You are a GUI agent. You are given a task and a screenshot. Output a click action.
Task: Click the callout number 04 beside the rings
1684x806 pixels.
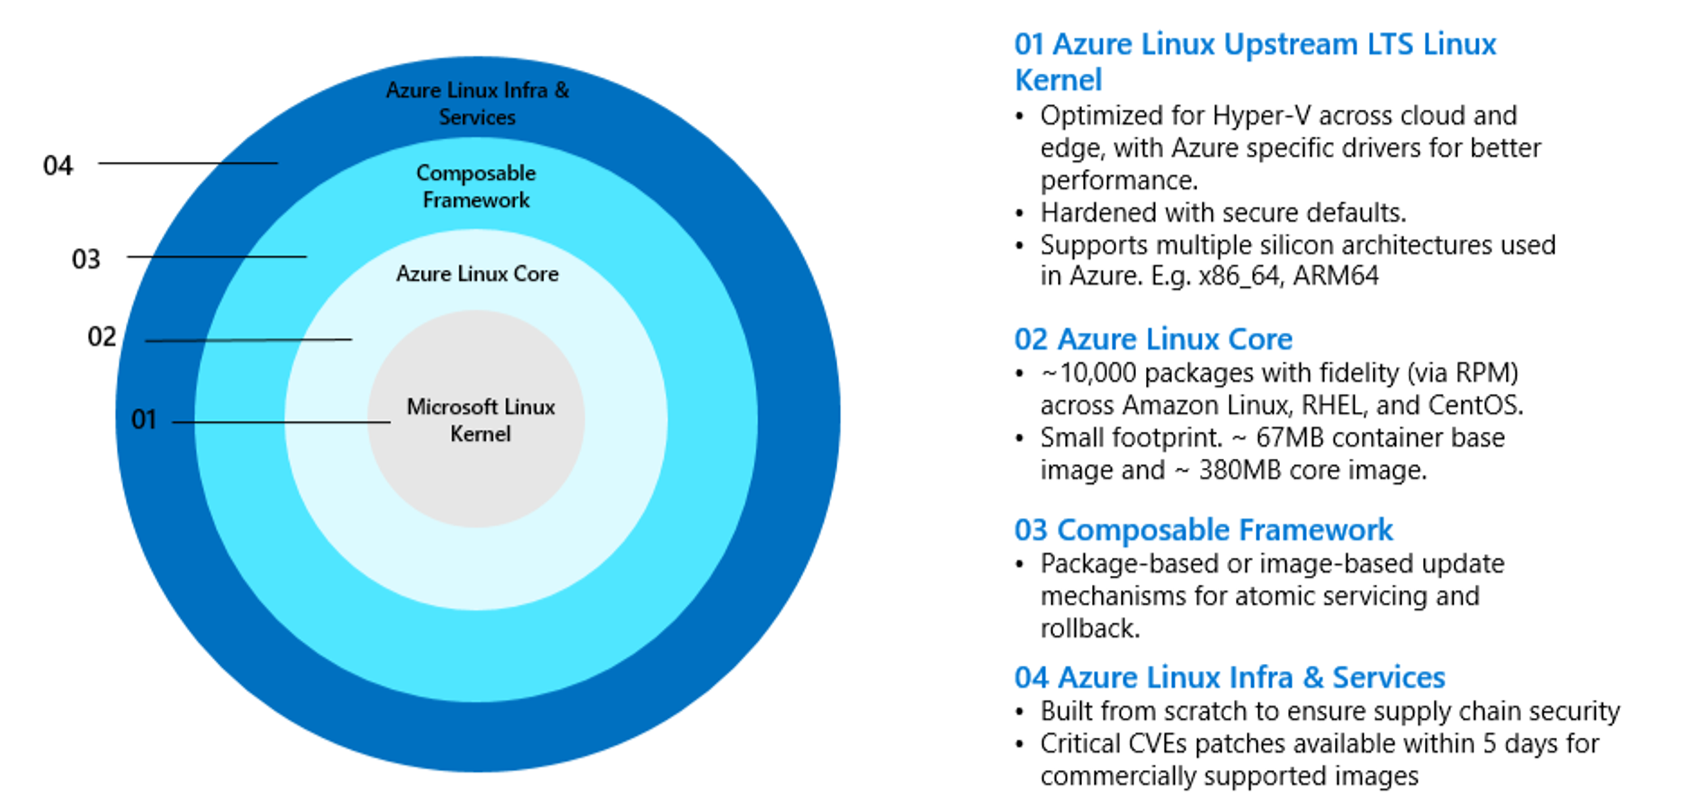(58, 165)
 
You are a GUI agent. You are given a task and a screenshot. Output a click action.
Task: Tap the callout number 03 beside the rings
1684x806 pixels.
(86, 259)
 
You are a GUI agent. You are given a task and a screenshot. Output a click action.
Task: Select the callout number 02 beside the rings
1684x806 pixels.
(102, 336)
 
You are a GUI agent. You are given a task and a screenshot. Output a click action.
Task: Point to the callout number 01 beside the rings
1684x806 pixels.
(144, 419)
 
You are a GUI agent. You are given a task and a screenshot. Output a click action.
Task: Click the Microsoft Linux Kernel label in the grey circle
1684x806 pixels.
(481, 420)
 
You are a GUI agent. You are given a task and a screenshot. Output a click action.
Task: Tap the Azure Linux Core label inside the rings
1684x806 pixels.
(478, 273)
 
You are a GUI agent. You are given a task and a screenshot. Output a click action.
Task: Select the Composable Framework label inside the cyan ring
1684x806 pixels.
(476, 186)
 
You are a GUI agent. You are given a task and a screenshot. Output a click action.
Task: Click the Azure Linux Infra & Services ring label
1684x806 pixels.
(478, 103)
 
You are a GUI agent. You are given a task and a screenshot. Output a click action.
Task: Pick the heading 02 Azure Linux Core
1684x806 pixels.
(1153, 340)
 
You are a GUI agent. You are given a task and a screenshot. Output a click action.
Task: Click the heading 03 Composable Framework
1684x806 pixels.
(1203, 530)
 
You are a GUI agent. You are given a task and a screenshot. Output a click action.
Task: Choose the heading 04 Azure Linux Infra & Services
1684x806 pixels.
(1229, 677)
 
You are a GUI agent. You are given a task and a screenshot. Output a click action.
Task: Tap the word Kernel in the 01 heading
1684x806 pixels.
(1058, 80)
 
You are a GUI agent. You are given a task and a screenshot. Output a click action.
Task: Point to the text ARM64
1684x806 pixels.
(1335, 276)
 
